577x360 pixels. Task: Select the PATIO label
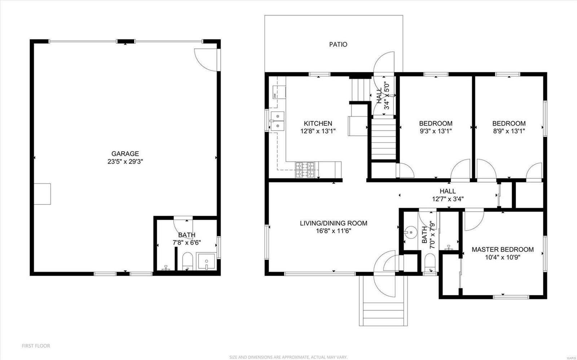[338, 44]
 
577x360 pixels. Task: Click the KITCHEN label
[318, 123]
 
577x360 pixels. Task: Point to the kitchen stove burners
[305, 170]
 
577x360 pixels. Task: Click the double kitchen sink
[277, 120]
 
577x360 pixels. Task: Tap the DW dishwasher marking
[274, 96]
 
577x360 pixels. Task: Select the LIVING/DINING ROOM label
[333, 223]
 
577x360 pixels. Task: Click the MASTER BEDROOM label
[502, 250]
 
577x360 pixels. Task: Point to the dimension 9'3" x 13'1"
[435, 131]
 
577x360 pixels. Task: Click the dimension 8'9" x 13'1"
[508, 131]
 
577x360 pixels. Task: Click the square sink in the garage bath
[206, 262]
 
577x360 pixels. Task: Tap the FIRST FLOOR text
[36, 346]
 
